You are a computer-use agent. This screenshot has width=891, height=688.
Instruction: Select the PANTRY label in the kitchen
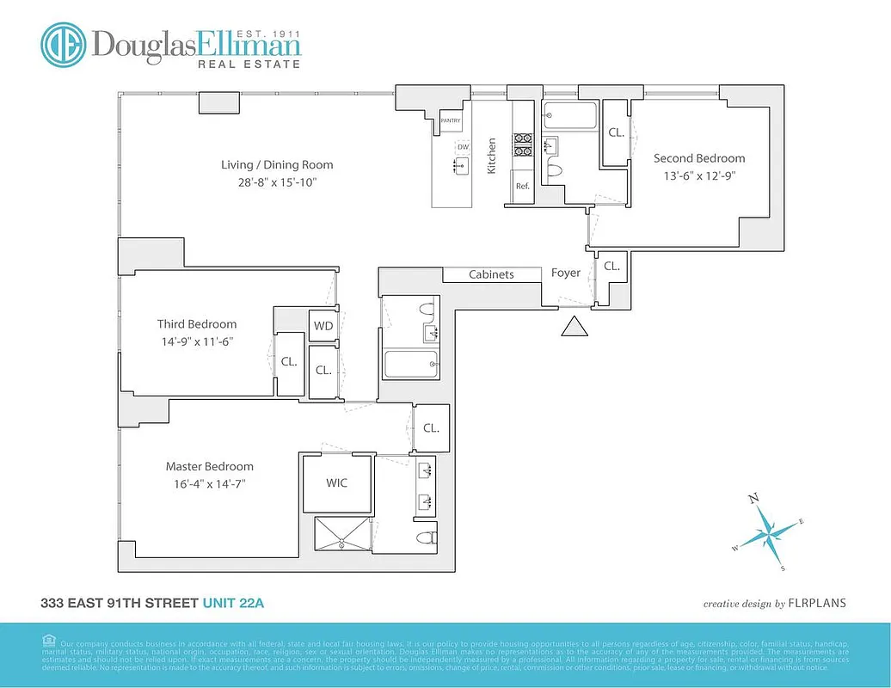[x=451, y=121]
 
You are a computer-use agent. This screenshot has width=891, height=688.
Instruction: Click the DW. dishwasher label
[x=463, y=147]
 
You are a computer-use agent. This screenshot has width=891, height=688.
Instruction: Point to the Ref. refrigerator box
[x=522, y=186]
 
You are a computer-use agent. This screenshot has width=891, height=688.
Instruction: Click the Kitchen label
[x=492, y=157]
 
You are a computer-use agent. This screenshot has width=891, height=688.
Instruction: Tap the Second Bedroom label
[x=699, y=158]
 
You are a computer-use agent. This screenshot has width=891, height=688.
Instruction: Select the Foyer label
[x=566, y=273]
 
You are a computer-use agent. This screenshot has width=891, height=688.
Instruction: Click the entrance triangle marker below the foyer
[x=574, y=326]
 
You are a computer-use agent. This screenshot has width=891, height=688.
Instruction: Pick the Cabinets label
[x=491, y=274]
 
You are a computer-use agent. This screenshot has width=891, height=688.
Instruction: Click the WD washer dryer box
[x=323, y=326]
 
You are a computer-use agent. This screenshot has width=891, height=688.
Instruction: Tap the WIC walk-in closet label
[x=337, y=483]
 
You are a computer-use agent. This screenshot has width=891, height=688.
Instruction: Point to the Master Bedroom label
[x=210, y=467]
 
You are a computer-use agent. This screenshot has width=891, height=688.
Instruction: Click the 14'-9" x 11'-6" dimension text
[x=196, y=341]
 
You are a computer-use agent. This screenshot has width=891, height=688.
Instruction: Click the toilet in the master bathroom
[x=422, y=539]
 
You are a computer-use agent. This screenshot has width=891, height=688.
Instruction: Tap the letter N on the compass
[x=753, y=499]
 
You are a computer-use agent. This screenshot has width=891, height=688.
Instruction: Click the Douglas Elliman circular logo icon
[x=64, y=46]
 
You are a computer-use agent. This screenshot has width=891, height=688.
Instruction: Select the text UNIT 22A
[x=233, y=604]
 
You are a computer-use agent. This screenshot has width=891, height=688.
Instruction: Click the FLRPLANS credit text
[x=817, y=604]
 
